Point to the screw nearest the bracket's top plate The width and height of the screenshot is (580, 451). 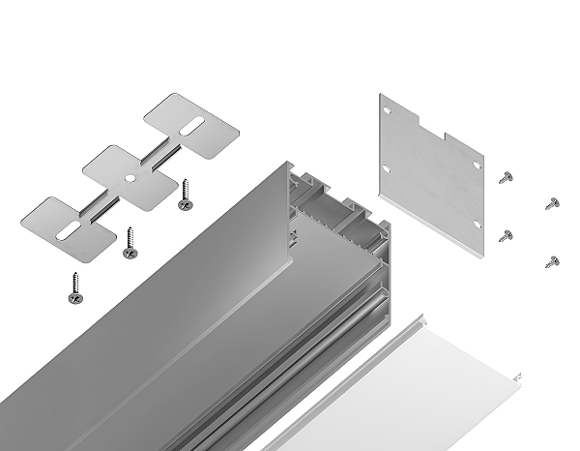point(185,195)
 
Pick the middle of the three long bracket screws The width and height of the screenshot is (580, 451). point(130,243)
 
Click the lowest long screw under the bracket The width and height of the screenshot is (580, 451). point(74,287)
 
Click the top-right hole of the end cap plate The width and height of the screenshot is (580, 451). point(478,165)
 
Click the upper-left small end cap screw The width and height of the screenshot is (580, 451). point(506,176)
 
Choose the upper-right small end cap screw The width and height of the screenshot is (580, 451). point(552,202)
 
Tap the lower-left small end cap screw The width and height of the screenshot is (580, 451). point(505,235)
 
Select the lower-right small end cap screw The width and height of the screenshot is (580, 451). point(552,260)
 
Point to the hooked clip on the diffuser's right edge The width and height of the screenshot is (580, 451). point(520,375)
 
